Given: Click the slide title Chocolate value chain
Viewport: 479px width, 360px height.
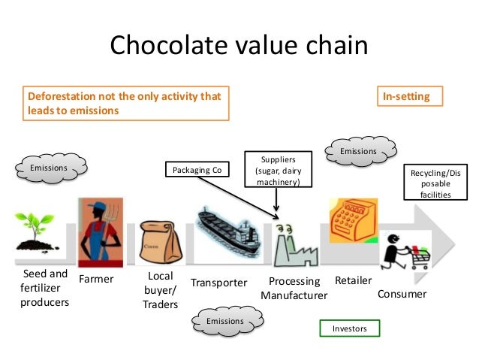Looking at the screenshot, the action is pyautogui.click(x=239, y=47).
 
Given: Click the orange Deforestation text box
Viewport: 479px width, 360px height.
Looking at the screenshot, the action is pyautogui.click(x=124, y=103).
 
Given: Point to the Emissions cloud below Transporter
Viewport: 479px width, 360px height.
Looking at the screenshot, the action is pyautogui.click(x=225, y=321).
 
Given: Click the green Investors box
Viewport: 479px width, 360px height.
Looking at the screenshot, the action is pyautogui.click(x=351, y=328).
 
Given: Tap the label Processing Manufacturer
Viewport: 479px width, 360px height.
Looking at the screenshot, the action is pyautogui.click(x=294, y=289).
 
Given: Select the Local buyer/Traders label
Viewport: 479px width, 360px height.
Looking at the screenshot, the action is pyautogui.click(x=161, y=290).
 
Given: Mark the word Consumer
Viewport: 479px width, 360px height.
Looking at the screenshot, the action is pyautogui.click(x=402, y=294).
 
